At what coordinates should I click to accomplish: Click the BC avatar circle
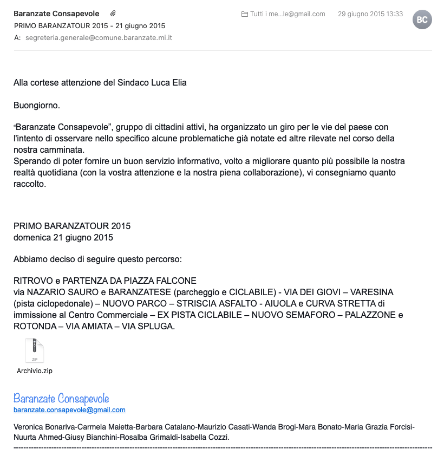(x=422, y=19)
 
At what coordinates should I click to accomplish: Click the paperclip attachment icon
(x=113, y=13)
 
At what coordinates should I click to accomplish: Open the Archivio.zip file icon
(x=35, y=351)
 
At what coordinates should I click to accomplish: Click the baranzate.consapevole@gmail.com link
(x=69, y=410)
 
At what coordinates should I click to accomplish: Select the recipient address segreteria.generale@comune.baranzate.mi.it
(x=99, y=38)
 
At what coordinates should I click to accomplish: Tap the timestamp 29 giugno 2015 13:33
(x=370, y=14)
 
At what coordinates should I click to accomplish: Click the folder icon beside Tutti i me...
(x=245, y=14)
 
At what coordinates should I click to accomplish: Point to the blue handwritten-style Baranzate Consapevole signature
(x=61, y=399)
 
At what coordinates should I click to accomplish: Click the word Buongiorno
(x=36, y=105)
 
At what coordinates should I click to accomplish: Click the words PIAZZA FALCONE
(x=163, y=281)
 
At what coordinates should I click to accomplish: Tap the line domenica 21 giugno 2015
(x=63, y=237)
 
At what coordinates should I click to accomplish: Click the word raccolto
(x=30, y=184)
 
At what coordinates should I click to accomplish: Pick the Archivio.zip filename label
(x=35, y=371)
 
